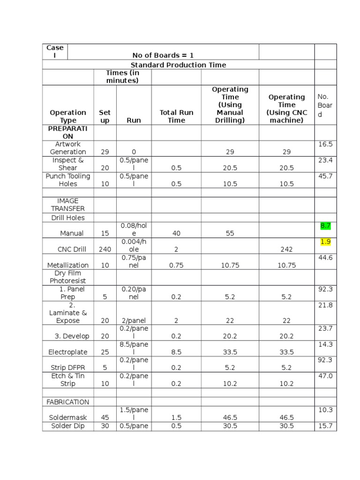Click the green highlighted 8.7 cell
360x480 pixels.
[325, 225]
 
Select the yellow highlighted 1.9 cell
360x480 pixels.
[325, 242]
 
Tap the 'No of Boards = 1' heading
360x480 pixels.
[163, 55]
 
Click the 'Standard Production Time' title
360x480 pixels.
[178, 65]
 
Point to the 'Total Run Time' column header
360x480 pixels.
[176, 116]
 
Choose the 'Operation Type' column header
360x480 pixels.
[68, 116]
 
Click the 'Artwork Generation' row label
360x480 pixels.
[68, 148]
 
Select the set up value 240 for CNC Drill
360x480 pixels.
[105, 249]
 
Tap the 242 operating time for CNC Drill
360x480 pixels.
[286, 249]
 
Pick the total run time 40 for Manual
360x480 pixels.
[176, 233]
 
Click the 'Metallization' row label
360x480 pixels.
[68, 265]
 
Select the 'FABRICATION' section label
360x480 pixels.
[67, 402]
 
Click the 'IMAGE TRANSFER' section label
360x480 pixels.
[68, 204]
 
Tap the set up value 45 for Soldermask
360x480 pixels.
[105, 417]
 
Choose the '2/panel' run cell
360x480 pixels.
[134, 321]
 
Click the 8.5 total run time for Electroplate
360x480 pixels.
[176, 352]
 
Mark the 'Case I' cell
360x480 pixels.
[55, 52]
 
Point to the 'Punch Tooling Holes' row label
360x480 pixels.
[68, 180]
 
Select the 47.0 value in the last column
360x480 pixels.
[325, 376]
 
